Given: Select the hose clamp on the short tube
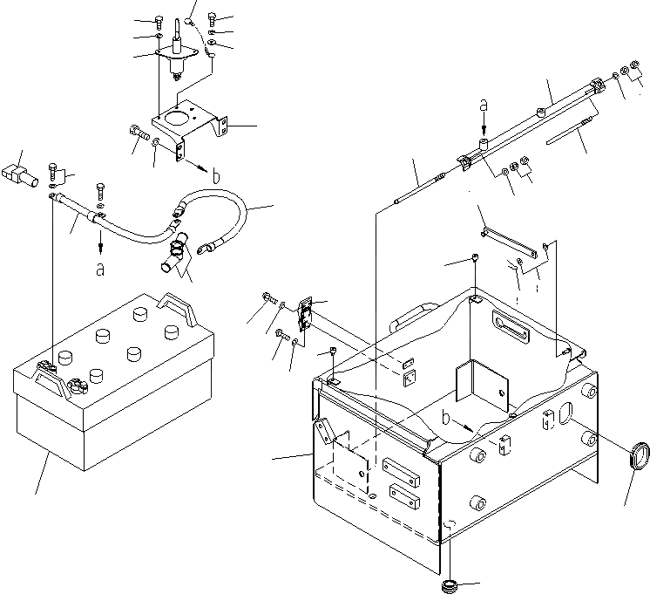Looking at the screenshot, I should tap(174, 248).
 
